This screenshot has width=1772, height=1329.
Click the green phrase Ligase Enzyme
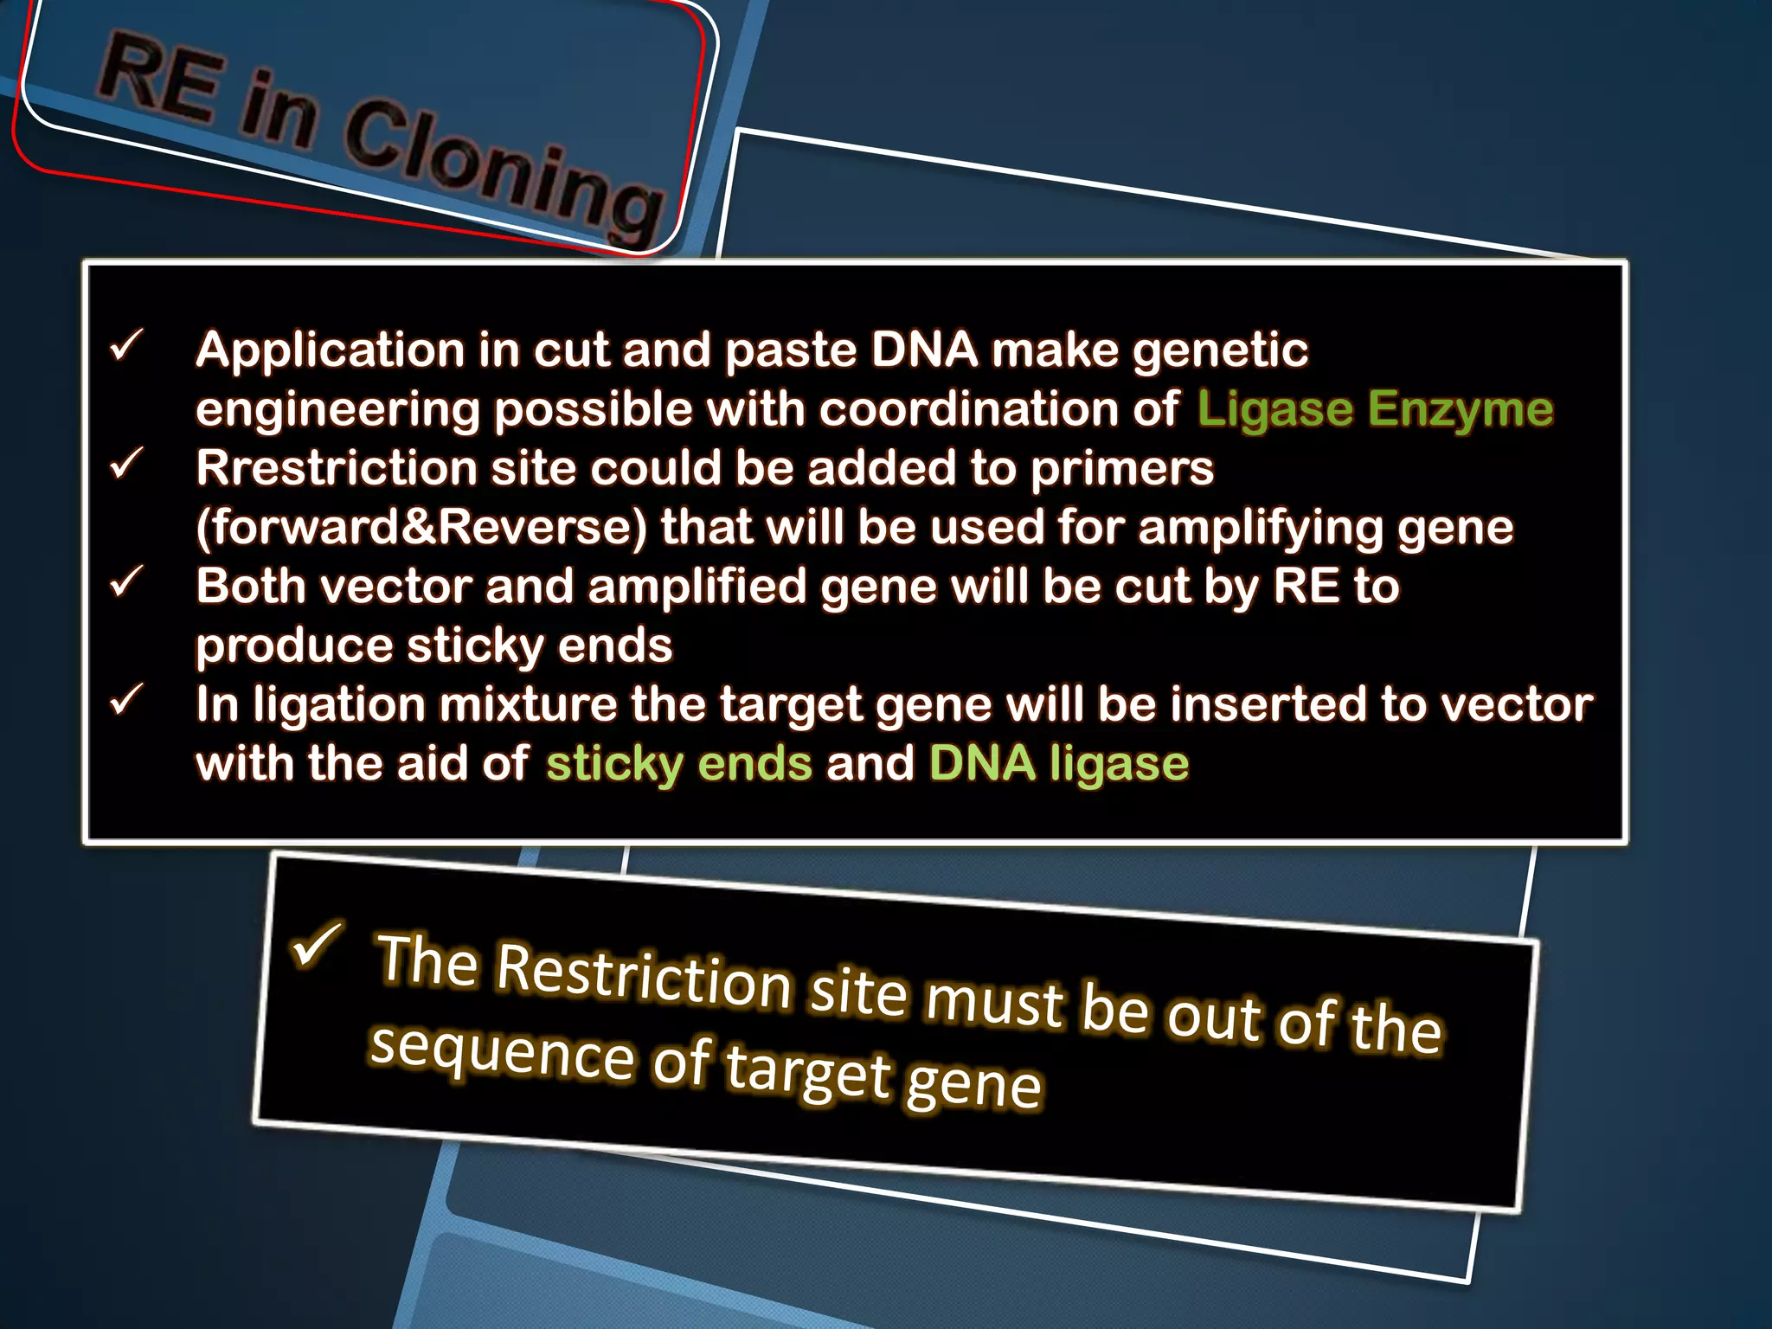(x=1375, y=408)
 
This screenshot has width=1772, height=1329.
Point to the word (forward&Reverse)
(x=421, y=528)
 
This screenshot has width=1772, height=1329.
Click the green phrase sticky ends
(x=679, y=763)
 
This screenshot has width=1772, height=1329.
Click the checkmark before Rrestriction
(x=126, y=465)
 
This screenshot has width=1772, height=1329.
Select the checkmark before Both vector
(x=126, y=582)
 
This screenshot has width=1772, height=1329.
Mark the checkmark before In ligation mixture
(x=126, y=700)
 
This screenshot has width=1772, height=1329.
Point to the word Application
(x=330, y=350)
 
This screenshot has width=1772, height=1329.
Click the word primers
(x=1122, y=468)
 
